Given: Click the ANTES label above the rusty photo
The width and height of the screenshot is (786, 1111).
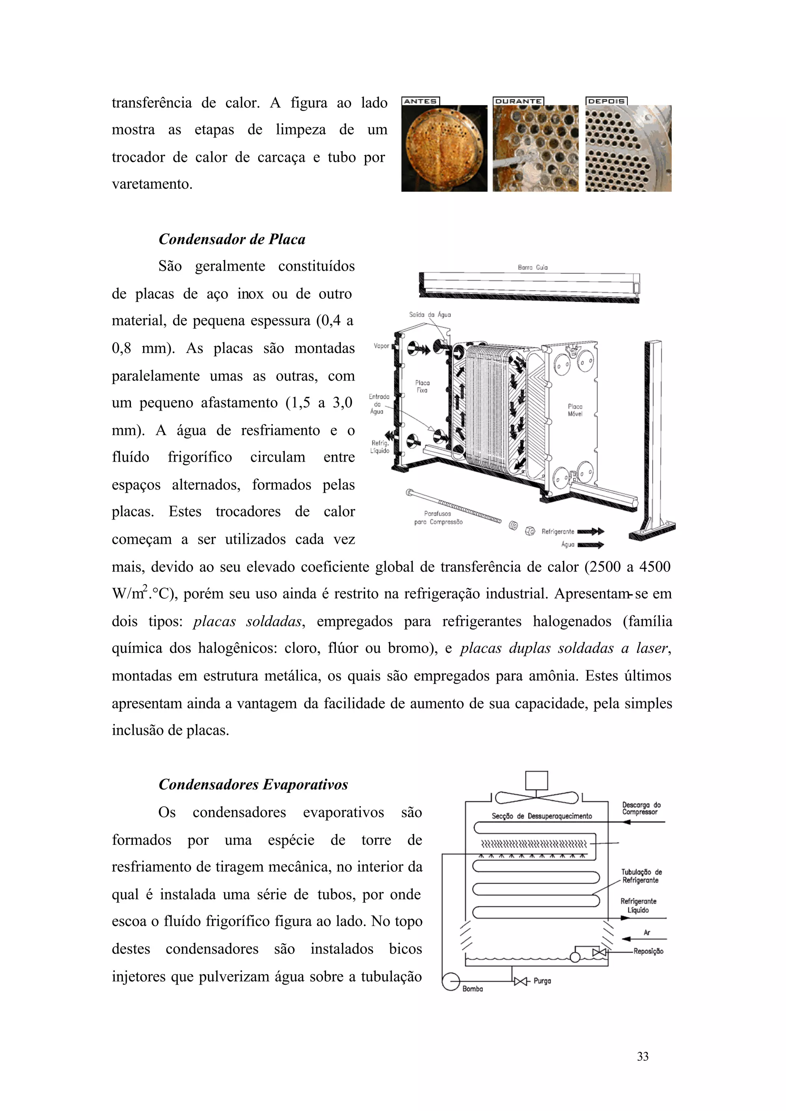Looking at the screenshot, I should (421, 101).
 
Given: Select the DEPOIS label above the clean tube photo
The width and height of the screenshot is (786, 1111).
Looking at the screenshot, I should (606, 101).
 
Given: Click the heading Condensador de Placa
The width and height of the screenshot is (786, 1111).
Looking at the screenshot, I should (232, 239).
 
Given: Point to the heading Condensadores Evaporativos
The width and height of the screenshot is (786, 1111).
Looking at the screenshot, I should (253, 785).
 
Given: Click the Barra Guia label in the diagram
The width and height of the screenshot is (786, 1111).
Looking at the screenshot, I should (532, 267).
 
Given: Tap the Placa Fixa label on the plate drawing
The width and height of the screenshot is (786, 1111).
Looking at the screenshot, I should (422, 386).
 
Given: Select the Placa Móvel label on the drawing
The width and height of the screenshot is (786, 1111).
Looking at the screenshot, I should (575, 410).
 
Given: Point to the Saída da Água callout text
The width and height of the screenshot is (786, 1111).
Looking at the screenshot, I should (430, 315).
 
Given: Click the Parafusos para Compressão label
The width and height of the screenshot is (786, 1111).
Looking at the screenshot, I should (438, 518).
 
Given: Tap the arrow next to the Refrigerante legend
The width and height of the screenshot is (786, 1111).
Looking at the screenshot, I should (591, 531).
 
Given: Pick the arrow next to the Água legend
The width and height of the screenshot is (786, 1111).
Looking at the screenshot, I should (591, 545).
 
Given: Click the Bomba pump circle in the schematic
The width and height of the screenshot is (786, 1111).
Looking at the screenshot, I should (451, 982).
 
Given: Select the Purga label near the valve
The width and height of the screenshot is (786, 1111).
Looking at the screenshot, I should (542, 981).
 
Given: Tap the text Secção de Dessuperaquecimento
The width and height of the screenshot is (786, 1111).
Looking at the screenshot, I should (542, 816).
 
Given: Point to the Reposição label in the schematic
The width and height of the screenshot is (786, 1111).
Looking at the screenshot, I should (648, 951).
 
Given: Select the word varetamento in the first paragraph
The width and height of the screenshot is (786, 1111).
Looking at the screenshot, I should (152, 184).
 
